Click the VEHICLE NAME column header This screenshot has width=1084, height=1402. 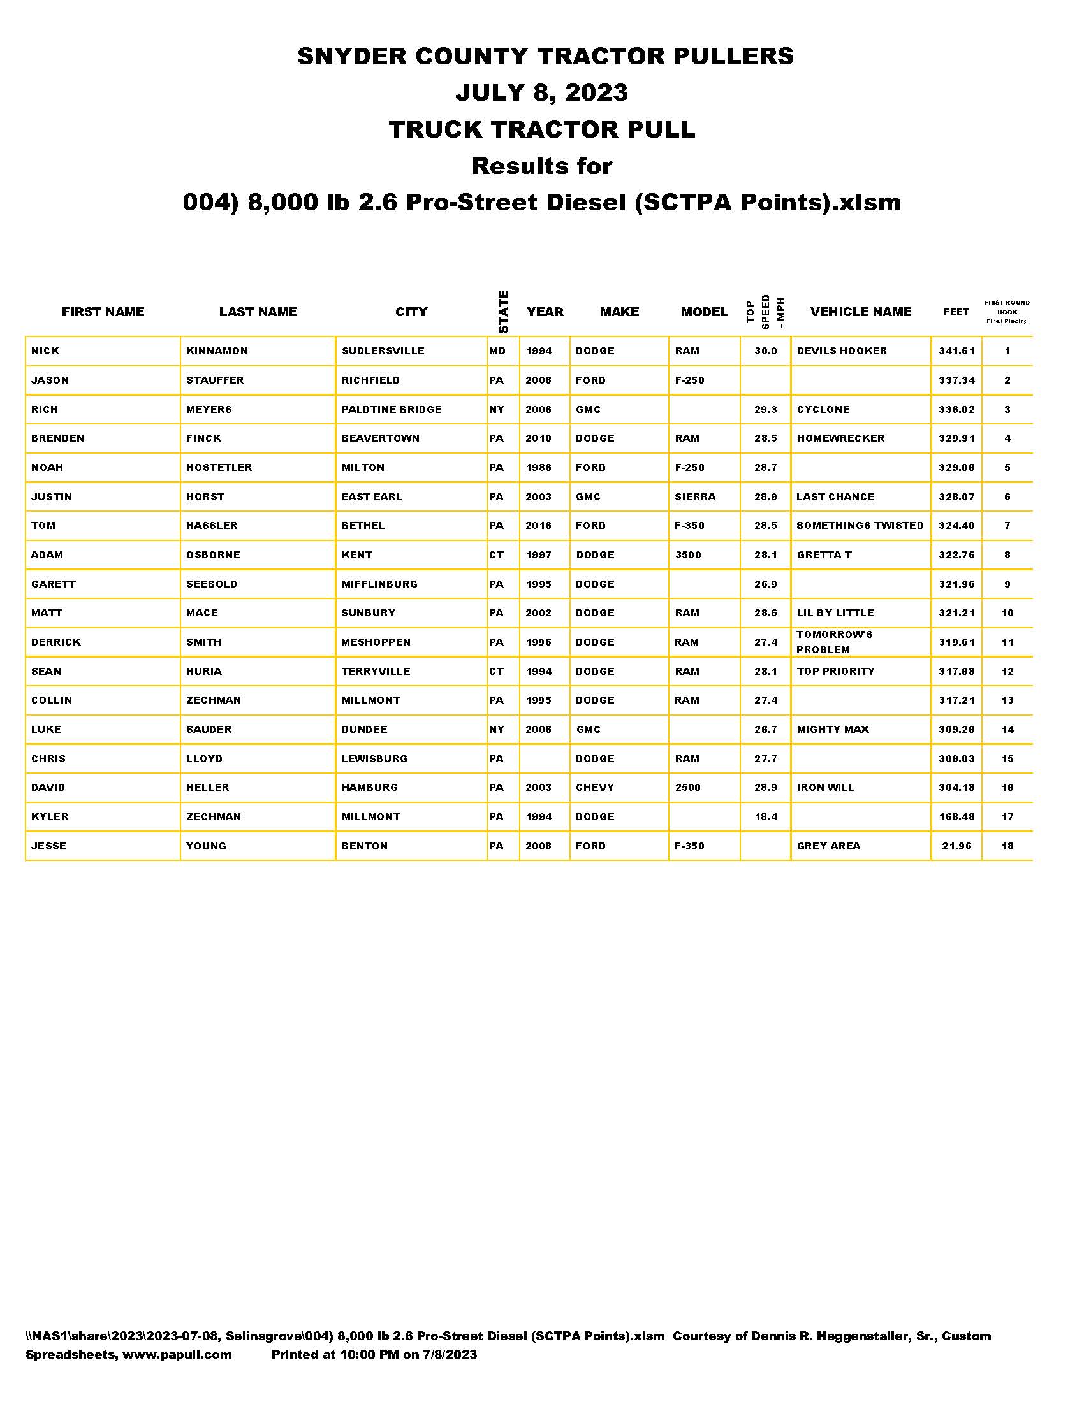[860, 312]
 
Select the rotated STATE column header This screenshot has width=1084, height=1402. [503, 312]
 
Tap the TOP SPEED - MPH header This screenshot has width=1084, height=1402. [765, 312]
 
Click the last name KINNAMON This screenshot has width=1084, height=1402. [216, 351]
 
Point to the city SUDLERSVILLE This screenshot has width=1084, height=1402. [383, 351]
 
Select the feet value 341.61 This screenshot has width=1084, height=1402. [956, 351]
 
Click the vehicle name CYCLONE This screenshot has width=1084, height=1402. [823, 410]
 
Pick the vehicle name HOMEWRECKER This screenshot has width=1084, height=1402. [840, 438]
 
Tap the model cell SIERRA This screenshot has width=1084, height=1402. [695, 497]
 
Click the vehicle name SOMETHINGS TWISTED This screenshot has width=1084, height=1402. [860, 526]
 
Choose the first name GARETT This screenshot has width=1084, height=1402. [54, 584]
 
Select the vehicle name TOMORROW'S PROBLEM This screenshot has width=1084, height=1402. [834, 642]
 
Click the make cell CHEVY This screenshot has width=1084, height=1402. [595, 788]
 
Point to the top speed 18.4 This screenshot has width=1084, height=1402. [765, 817]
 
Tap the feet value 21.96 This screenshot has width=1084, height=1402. [956, 846]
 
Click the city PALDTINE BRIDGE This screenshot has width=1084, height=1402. [391, 410]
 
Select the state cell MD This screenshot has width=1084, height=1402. [497, 351]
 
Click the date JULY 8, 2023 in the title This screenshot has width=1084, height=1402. [541, 92]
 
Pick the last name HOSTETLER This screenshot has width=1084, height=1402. [219, 468]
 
